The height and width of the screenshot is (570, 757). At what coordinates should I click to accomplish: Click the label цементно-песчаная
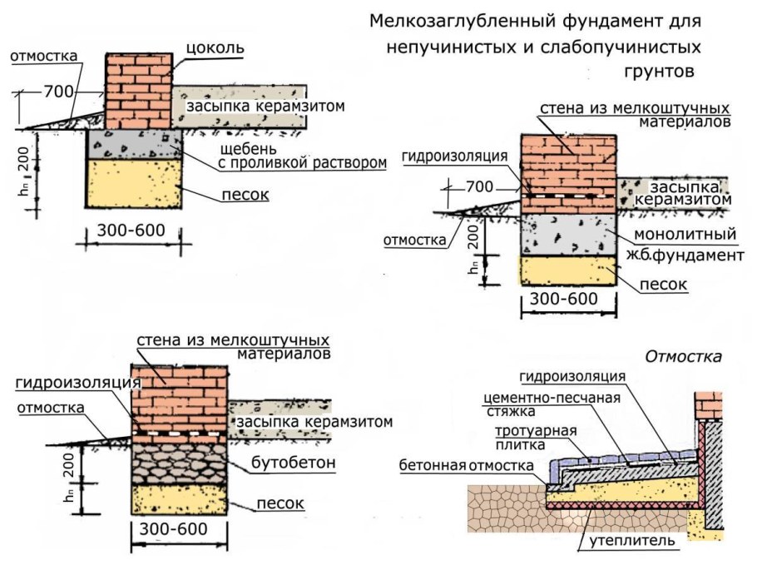(552, 396)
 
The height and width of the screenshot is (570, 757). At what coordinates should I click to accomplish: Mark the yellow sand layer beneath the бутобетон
(180, 499)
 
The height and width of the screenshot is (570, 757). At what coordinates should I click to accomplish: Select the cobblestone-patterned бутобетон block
(180, 460)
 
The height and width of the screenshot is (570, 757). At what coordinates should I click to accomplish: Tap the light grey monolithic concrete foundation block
(567, 235)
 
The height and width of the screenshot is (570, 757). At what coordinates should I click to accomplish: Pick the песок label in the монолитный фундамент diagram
(665, 284)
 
